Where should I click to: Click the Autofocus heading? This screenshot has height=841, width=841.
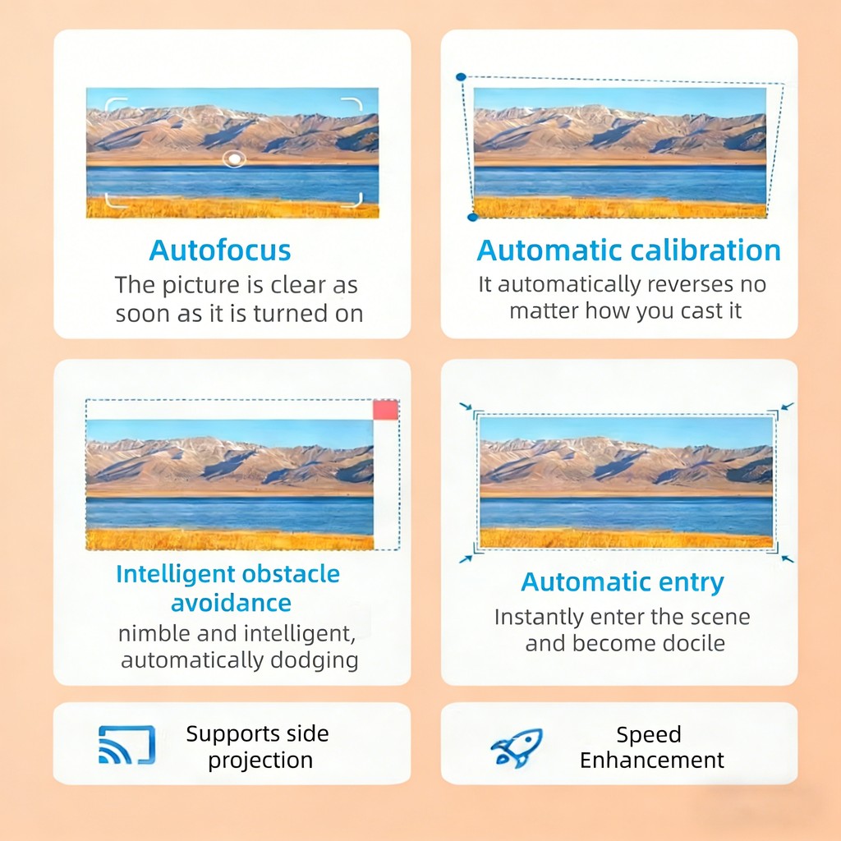[220, 250]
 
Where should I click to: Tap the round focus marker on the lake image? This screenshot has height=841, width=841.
[234, 159]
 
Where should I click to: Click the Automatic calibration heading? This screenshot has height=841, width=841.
[628, 250]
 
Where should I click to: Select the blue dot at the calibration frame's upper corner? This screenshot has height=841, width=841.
[461, 77]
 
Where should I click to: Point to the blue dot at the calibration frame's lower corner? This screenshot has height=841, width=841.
[472, 217]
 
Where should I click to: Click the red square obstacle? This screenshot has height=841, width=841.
[386, 410]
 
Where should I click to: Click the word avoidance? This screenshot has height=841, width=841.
[231, 603]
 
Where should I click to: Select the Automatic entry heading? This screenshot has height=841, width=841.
[623, 582]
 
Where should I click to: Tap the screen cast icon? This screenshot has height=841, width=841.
[127, 744]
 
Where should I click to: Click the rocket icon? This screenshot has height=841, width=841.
[517, 747]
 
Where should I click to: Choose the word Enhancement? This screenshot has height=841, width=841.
[651, 760]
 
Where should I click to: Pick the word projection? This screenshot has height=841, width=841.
[260, 761]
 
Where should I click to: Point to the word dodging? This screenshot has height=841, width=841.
[315, 660]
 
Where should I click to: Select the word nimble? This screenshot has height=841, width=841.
[154, 633]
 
